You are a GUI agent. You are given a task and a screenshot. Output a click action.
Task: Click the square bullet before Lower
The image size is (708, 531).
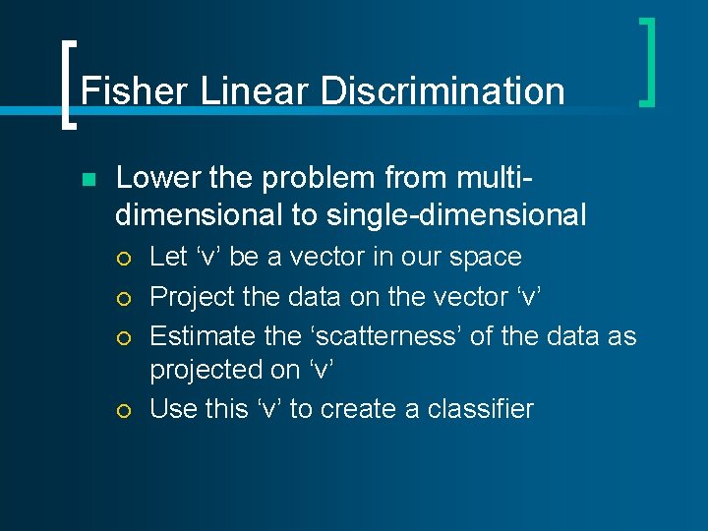(x=87, y=180)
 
